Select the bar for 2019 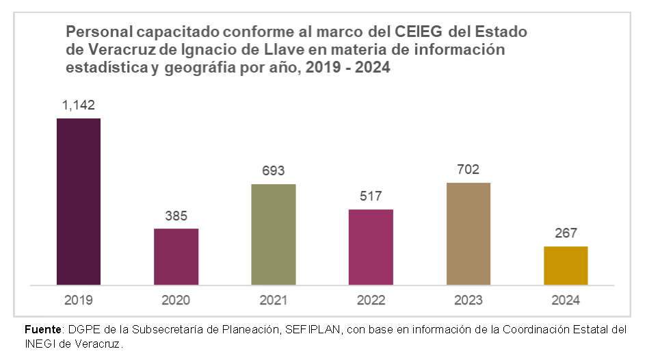coord(79,201)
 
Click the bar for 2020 coord(176,256)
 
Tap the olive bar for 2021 coord(274,234)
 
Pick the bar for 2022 coord(371,246)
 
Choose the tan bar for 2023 coord(468,233)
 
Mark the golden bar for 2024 coord(566,265)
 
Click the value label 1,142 coord(79,105)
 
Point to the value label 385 coord(176,216)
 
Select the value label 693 coord(274,171)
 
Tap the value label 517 coord(371,196)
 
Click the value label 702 coord(468,170)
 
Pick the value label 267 coord(566,233)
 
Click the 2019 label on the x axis coord(79,300)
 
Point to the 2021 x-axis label coord(274,300)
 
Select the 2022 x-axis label coord(371,300)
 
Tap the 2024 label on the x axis coord(566,300)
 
